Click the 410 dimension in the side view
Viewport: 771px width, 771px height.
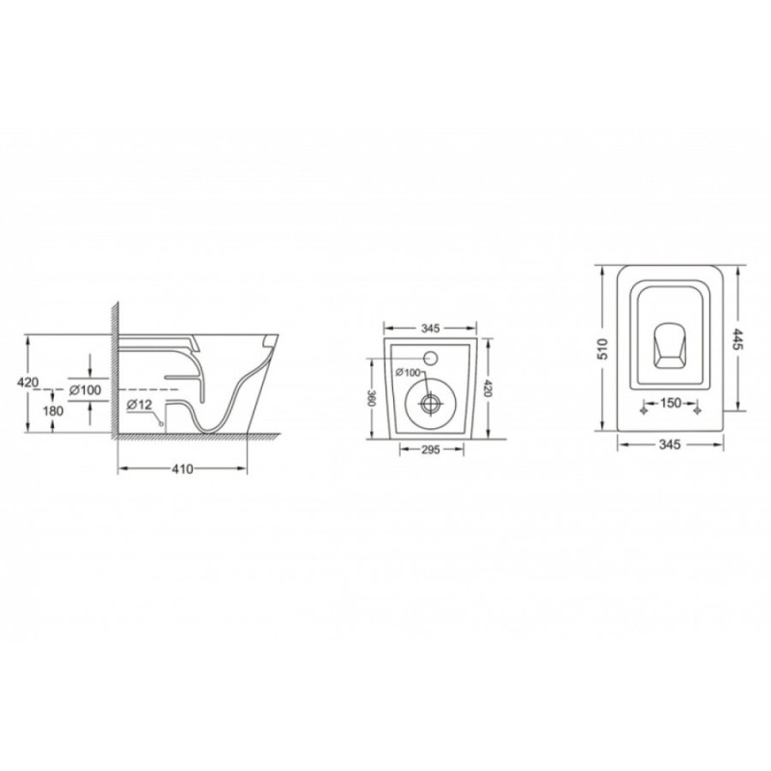[x=182, y=469]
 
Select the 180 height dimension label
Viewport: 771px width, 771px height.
[x=53, y=411]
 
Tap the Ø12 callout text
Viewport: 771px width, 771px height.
[x=140, y=405]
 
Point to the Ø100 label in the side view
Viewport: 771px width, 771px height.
[x=85, y=390]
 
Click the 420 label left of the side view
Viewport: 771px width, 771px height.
[x=28, y=382]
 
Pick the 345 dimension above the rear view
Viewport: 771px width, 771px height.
[x=430, y=328]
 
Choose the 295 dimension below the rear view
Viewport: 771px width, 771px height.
[x=430, y=449]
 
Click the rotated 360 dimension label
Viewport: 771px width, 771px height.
[x=372, y=398]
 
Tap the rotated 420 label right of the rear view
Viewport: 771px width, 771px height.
[x=487, y=388]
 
